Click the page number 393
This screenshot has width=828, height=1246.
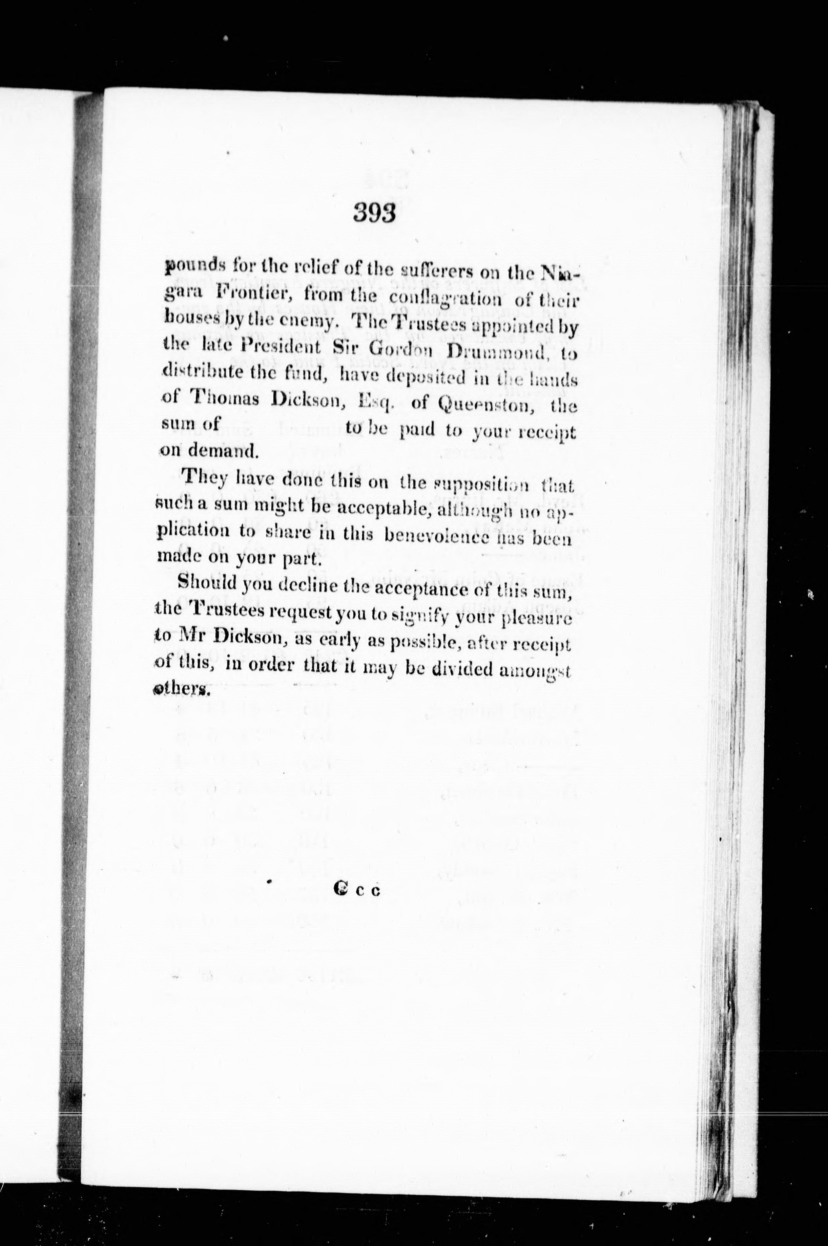point(375,214)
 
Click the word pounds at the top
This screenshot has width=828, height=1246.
point(191,267)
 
